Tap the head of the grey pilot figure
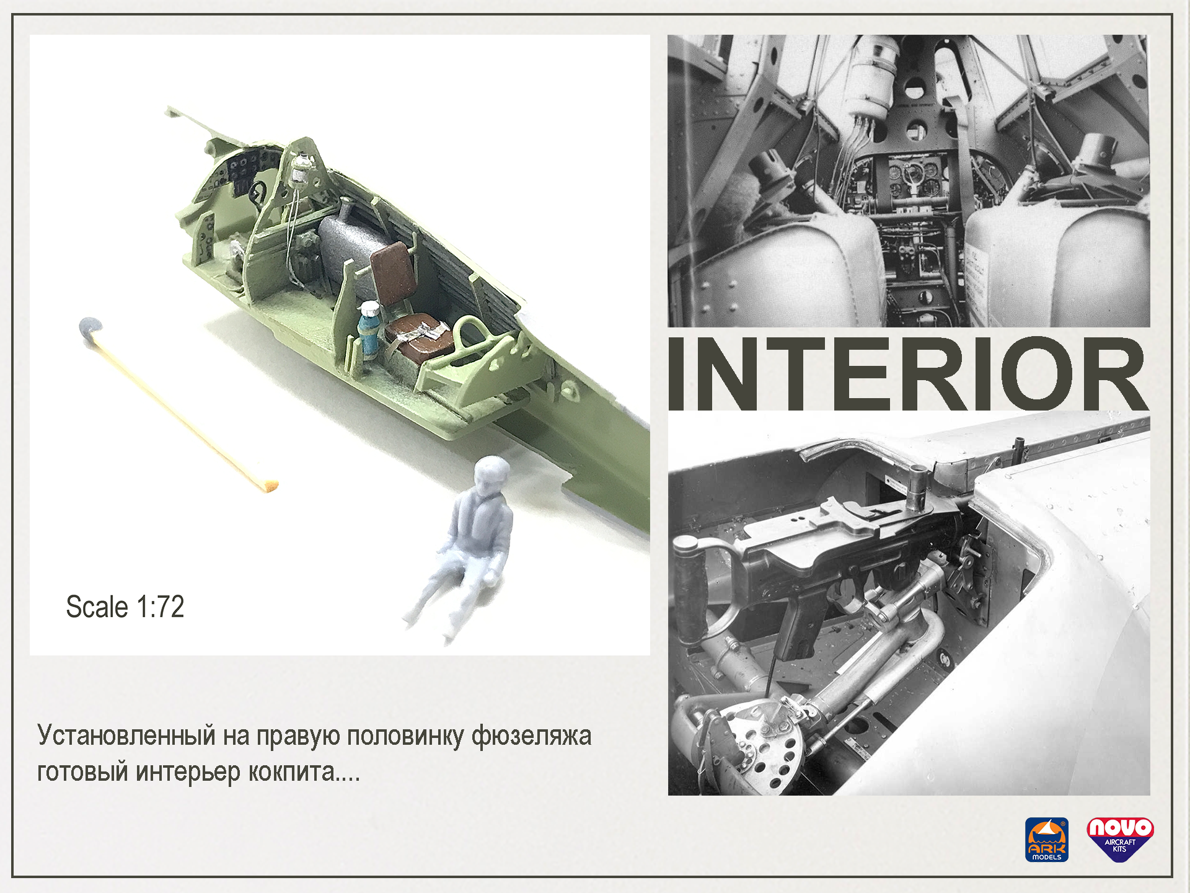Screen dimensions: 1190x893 coord(491,476)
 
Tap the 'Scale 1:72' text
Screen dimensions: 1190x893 coord(125,606)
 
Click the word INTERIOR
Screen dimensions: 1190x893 coord(908,374)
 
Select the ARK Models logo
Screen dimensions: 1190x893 coord(1047,840)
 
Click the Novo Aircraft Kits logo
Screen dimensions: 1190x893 coord(1120,839)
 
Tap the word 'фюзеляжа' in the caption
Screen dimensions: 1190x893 coord(531,737)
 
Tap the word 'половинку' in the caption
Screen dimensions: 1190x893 coord(405,737)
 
